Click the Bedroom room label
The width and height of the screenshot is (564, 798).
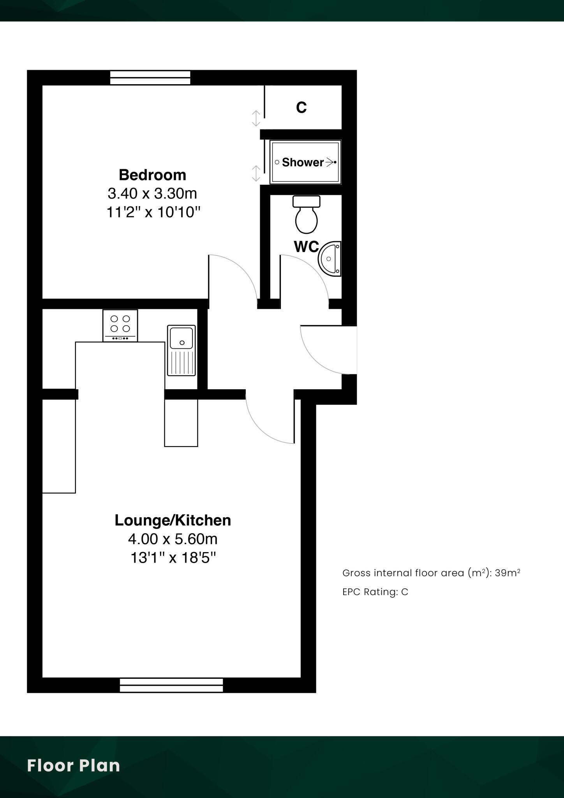[152, 175]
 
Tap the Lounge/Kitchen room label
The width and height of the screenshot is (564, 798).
[173, 521]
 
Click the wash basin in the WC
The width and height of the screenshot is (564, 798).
[330, 259]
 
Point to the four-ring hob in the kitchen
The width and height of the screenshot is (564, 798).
[120, 325]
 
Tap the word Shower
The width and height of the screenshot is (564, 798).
[303, 162]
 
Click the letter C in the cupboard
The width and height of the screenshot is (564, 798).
[301, 107]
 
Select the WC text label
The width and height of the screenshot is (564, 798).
[306, 247]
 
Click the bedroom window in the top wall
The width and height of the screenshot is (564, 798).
[150, 78]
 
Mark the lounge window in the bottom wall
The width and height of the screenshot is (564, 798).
[171, 685]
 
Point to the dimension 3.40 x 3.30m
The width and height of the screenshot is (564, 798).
[152, 193]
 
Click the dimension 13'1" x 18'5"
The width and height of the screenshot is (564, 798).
[173, 558]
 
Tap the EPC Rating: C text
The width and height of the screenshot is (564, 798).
[375, 592]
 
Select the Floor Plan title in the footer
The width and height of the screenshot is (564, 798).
[73, 766]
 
